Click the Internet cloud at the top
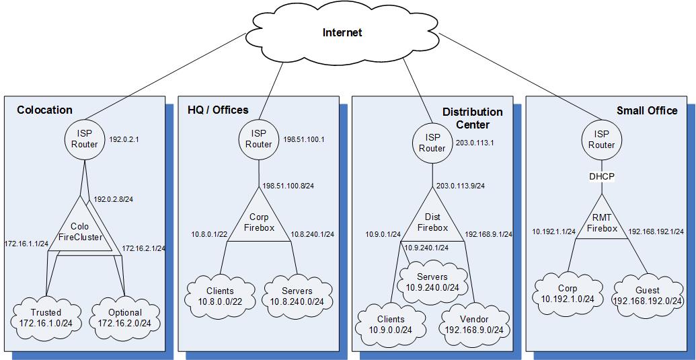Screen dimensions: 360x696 (x=342, y=32)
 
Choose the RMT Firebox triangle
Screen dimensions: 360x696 (x=601, y=223)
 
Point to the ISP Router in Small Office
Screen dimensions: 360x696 (x=602, y=139)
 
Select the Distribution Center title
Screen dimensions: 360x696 (x=472, y=118)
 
